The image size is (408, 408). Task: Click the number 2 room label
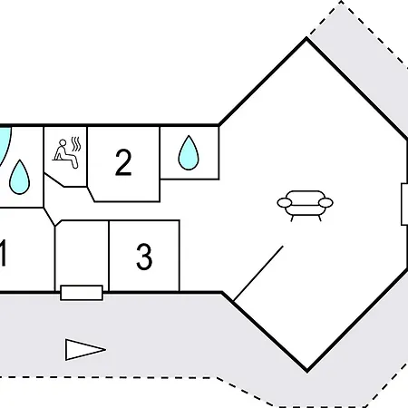pos(123,162)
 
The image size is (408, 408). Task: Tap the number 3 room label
pos(144,257)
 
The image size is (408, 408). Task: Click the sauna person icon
pos(65,154)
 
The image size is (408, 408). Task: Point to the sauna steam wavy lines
pos(76,144)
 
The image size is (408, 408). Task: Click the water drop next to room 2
pos(189,152)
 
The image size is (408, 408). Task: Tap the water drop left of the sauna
pos(19,177)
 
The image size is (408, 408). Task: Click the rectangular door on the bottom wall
pos(82,293)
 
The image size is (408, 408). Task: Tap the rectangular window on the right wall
pos(404,204)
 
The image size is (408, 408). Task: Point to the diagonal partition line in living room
pos(258,273)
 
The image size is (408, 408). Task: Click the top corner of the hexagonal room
pos(306,38)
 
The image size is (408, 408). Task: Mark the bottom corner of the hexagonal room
pos(307,371)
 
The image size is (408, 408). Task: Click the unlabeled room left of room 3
pos(82,255)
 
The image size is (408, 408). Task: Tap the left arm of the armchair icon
pos(285,202)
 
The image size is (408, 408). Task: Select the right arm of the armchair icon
pos(325,202)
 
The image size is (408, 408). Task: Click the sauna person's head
pos(63,142)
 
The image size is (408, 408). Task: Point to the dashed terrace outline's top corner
pos(342,2)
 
